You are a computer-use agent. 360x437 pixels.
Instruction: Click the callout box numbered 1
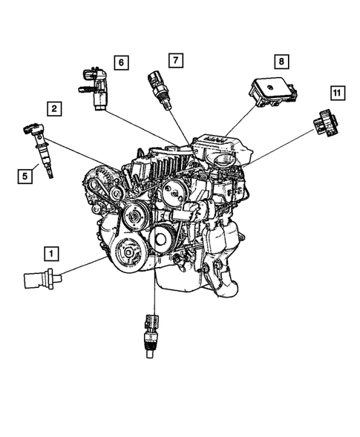pos(50,253)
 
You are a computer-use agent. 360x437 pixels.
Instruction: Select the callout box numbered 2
pos(55,109)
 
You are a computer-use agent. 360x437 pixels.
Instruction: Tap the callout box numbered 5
pos(25,176)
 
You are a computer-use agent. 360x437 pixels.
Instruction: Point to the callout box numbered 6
pos(120,62)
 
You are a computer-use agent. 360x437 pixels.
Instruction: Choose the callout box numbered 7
pos(174,59)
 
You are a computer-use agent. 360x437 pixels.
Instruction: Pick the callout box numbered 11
pos(337,93)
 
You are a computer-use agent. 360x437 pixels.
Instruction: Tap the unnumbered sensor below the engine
pos(150,332)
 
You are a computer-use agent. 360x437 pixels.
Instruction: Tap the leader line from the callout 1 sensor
pos(82,268)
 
